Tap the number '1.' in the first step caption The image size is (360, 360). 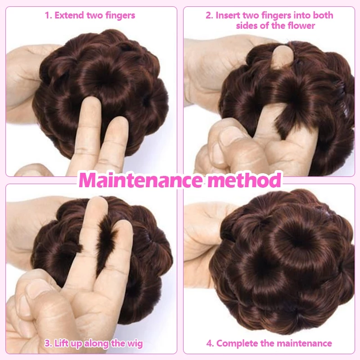click(48, 16)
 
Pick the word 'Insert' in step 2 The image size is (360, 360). click(228, 15)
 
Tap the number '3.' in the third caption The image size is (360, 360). click(48, 343)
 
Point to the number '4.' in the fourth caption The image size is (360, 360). click(210, 343)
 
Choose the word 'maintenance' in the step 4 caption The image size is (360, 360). click(304, 343)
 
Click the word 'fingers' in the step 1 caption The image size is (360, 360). click(120, 16)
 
